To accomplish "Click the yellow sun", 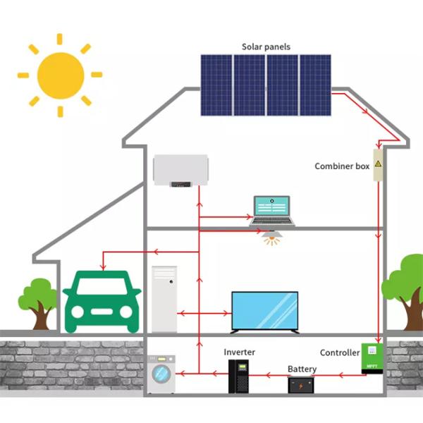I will click(60, 75).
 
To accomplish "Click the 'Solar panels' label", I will click(266, 47).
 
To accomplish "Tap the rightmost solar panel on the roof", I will click(315, 85).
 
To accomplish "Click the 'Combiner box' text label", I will click(342, 167).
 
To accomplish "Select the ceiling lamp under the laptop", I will click(271, 238).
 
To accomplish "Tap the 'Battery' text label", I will click(302, 369).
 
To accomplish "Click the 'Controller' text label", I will click(340, 352).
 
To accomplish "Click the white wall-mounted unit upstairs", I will click(181, 171).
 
